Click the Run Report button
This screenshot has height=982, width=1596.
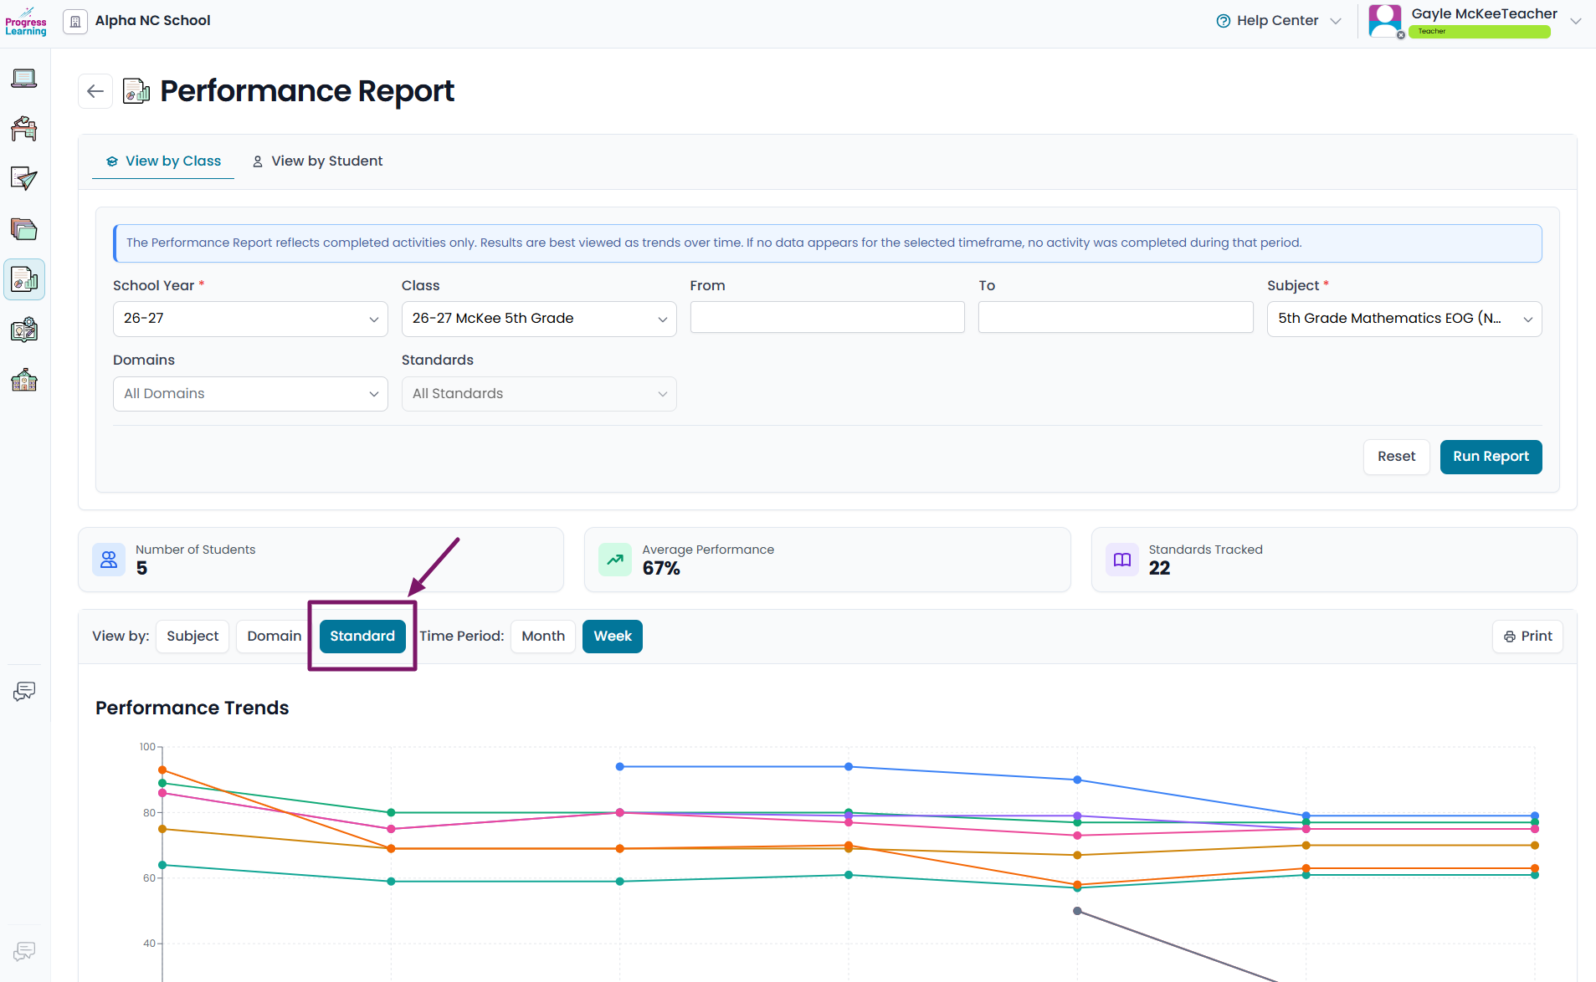(x=1491, y=457)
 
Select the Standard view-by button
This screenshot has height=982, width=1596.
(x=362, y=637)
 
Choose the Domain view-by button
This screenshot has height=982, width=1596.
(x=274, y=637)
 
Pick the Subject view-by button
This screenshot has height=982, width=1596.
(x=192, y=637)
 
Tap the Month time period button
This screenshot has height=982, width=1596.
(x=543, y=637)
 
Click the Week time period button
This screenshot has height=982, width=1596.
(x=613, y=637)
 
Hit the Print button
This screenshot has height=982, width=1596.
(x=1527, y=637)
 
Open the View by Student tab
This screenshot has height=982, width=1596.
(x=317, y=161)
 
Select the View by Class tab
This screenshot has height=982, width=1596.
(x=163, y=161)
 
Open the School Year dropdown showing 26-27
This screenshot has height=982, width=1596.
(x=250, y=319)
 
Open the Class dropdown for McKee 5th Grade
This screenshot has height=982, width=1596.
(x=539, y=319)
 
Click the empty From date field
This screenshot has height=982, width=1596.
(x=827, y=318)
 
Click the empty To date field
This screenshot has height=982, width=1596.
(x=1116, y=318)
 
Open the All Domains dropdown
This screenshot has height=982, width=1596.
(x=250, y=394)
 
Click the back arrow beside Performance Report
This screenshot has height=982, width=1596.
(x=95, y=91)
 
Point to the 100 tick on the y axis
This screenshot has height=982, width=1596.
(x=147, y=747)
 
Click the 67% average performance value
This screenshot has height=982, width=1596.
(x=661, y=569)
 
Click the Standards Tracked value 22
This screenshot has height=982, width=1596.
(x=1159, y=569)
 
